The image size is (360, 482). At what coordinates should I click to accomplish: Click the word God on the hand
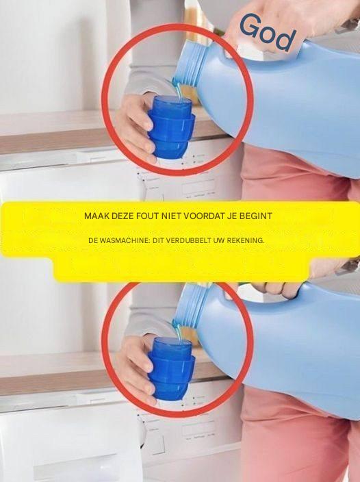point(268,32)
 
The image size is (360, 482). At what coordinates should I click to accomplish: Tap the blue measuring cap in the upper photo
point(171,127)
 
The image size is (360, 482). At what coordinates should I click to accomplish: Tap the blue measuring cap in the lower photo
point(171,368)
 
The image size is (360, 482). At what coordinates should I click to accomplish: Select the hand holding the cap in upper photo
point(134,125)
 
